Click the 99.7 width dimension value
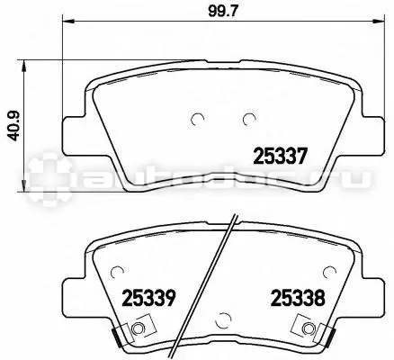(x=223, y=11)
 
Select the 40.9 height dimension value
(x=13, y=125)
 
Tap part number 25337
(x=281, y=157)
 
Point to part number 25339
(x=149, y=298)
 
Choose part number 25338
(x=298, y=298)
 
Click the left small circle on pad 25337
(x=198, y=119)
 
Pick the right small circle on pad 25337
(x=249, y=119)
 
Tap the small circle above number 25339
(x=117, y=272)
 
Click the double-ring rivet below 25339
(x=138, y=328)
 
